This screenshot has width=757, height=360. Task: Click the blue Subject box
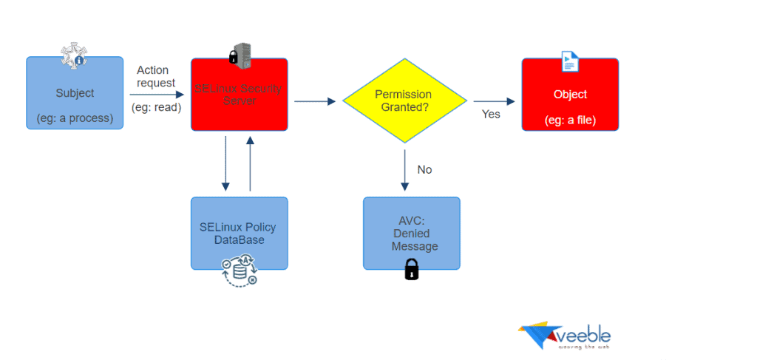tap(75, 94)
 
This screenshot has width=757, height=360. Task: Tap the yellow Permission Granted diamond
tap(404, 101)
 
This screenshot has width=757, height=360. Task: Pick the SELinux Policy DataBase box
tap(239, 233)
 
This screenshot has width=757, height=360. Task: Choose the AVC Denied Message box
tap(411, 233)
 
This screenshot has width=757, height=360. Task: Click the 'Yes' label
tap(491, 114)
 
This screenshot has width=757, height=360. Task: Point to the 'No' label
tap(424, 170)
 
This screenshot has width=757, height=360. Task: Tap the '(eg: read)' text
tap(157, 109)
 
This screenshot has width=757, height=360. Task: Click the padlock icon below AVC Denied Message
tap(412, 269)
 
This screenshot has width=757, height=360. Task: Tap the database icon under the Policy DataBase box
tap(240, 271)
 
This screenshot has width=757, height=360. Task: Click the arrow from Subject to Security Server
tap(157, 94)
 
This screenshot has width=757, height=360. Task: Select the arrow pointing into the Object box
tap(495, 101)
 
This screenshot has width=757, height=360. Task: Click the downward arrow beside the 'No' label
tap(404, 169)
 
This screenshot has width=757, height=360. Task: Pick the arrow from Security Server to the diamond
tap(315, 101)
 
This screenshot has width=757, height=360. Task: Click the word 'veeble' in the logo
tap(584, 336)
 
